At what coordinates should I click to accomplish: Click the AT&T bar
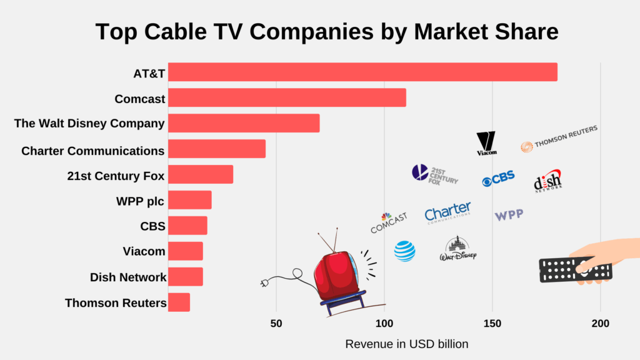click(362, 72)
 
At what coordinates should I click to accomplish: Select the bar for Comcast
click(287, 98)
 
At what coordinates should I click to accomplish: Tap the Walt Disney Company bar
click(244, 123)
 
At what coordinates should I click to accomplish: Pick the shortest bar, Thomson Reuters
click(179, 302)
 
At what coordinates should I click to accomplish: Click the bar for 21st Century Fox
click(201, 174)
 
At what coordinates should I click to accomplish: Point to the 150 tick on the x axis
click(492, 324)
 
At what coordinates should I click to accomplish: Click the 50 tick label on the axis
click(276, 324)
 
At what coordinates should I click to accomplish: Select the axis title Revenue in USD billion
click(406, 344)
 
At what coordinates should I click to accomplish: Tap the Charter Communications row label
click(92, 151)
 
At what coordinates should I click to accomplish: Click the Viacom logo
click(486, 143)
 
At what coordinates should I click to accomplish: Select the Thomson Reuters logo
click(559, 138)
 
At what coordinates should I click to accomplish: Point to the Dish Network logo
click(548, 181)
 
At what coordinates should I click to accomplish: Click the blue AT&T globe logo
click(404, 251)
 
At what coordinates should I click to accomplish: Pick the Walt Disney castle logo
click(457, 249)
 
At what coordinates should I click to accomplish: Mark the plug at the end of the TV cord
click(264, 284)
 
